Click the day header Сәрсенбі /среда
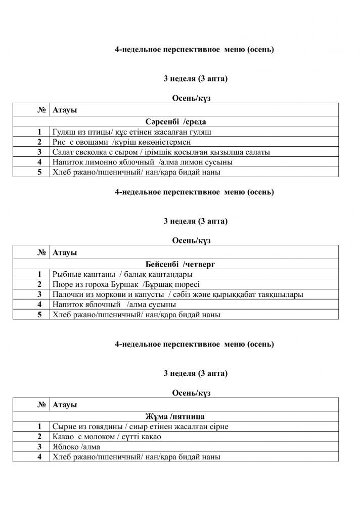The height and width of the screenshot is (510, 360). pyautogui.click(x=175, y=121)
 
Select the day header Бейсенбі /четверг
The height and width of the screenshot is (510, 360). pyautogui.click(x=176, y=264)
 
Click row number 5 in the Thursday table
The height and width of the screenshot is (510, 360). pyautogui.click(x=39, y=315)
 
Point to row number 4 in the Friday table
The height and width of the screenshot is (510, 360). pyautogui.click(x=39, y=457)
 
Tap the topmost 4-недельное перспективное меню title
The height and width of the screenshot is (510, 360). pyautogui.click(x=195, y=49)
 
